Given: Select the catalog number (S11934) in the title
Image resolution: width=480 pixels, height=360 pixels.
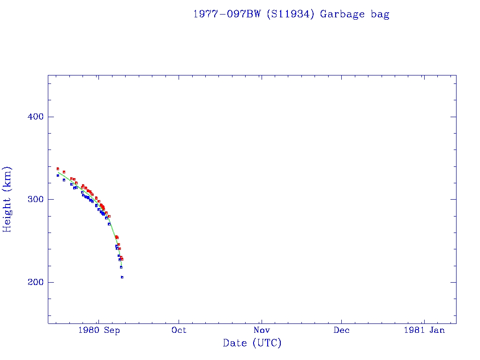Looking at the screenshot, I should pyautogui.click(x=291, y=14).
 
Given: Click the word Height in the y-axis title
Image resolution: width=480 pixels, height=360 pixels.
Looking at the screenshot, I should pyautogui.click(x=7, y=213).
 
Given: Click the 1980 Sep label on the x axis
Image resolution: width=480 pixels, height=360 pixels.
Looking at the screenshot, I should pyautogui.click(x=99, y=330).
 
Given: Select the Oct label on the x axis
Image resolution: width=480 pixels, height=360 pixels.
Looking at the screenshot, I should pyautogui.click(x=179, y=330).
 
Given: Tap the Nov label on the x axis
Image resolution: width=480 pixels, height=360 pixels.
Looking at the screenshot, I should pyautogui.click(x=261, y=330).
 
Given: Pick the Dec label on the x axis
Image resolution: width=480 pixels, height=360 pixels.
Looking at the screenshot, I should pyautogui.click(x=342, y=330).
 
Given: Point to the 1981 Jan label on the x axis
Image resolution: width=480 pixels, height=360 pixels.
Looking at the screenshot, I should pyautogui.click(x=424, y=330).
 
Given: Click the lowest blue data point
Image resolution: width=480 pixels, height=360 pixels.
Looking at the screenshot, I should pyautogui.click(x=122, y=277).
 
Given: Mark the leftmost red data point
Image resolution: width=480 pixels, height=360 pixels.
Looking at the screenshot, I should pyautogui.click(x=58, y=168).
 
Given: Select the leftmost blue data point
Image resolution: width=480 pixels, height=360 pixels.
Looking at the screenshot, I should pyautogui.click(x=58, y=175).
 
